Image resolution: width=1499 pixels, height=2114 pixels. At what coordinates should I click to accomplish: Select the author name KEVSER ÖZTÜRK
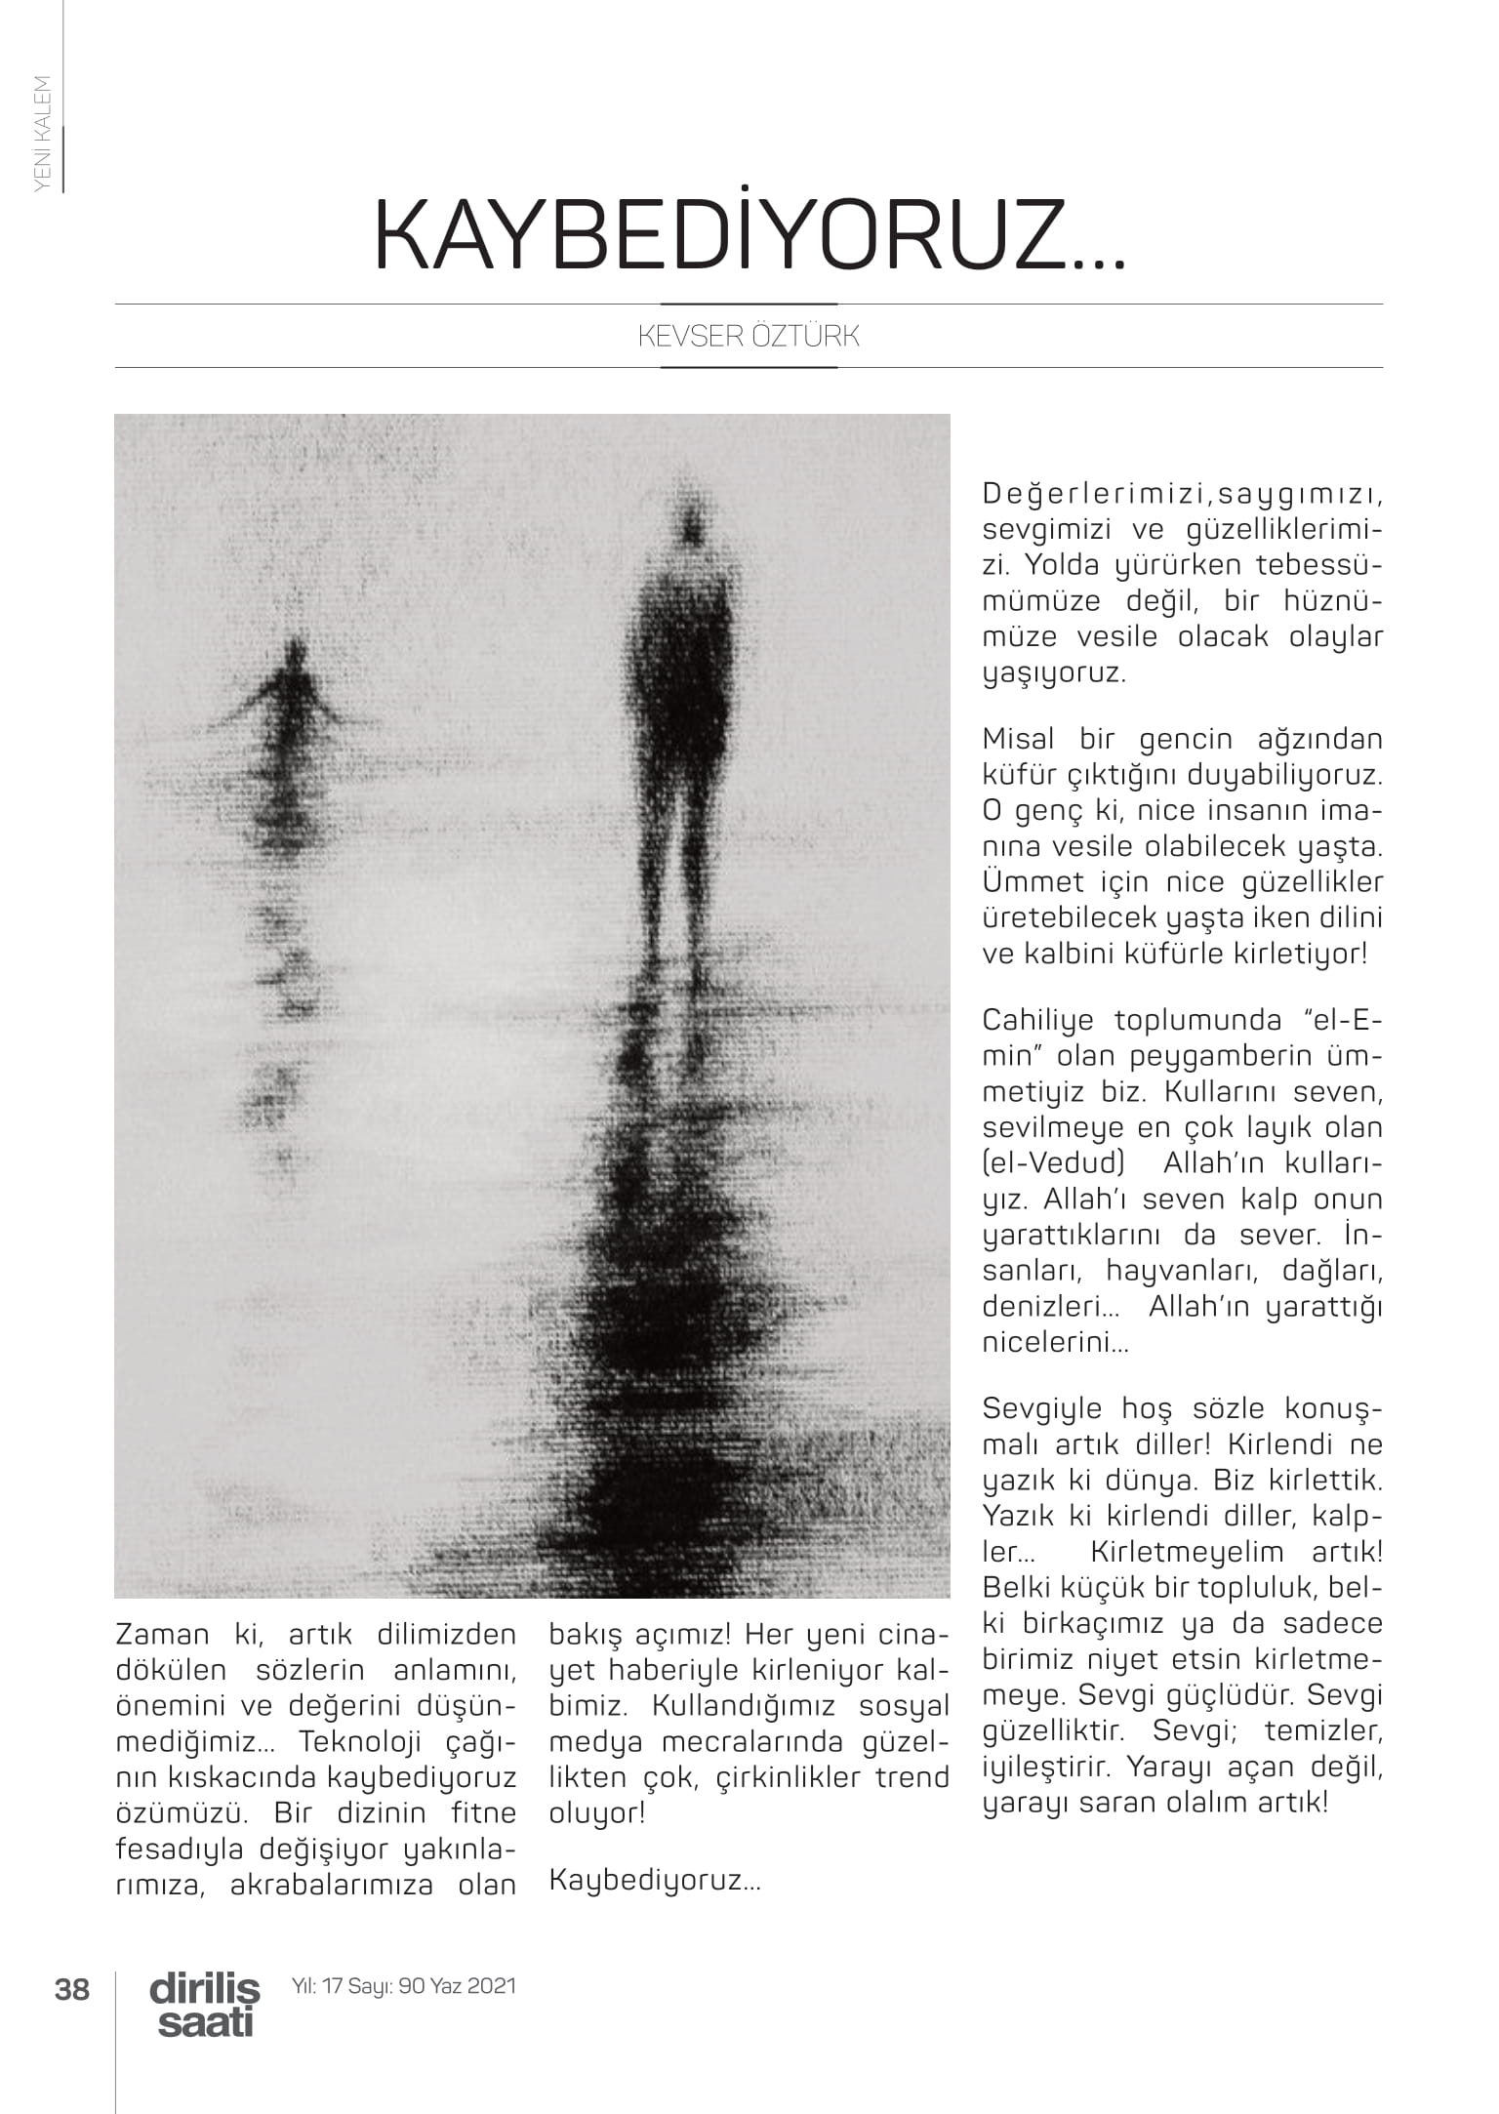click(749, 337)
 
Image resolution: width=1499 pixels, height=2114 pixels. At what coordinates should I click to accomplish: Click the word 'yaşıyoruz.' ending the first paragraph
click(1054, 673)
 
